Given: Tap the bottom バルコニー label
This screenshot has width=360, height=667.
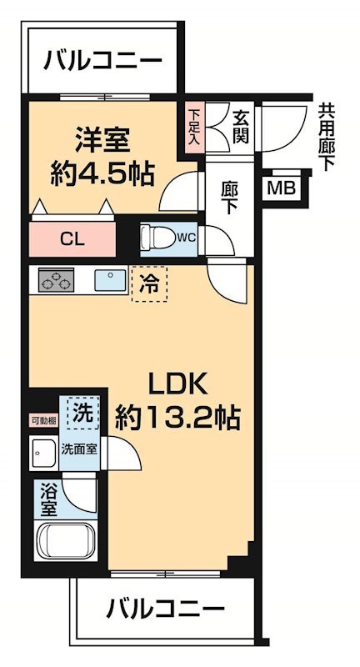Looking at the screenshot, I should (166, 609).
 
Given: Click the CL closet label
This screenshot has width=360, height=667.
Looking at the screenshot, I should (72, 238).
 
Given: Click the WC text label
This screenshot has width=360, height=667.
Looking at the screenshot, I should (185, 238).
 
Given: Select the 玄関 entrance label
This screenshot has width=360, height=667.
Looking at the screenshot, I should (242, 128).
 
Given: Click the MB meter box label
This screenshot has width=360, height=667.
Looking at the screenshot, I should (280, 188).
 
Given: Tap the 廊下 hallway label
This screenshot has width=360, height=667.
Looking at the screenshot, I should (230, 198).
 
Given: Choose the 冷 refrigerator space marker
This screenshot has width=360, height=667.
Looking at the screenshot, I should (149, 283).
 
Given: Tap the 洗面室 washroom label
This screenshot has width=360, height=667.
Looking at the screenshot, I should (79, 449).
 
